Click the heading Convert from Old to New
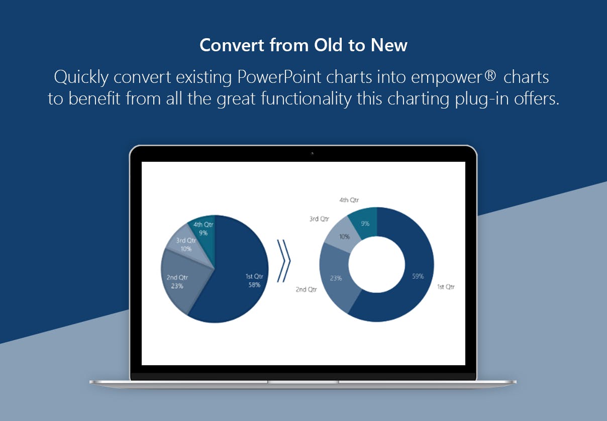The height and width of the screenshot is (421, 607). (x=303, y=45)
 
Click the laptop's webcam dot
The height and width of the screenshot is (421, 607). (x=312, y=154)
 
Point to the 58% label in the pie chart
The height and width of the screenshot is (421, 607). (x=254, y=285)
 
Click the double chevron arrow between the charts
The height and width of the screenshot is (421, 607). (x=284, y=261)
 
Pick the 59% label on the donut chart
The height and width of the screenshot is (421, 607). (x=418, y=276)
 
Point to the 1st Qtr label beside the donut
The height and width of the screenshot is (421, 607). (x=446, y=287)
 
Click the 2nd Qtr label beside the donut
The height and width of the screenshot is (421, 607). (x=306, y=289)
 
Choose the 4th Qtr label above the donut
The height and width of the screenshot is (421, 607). (x=349, y=200)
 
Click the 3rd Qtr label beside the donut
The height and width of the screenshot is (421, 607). (x=319, y=219)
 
